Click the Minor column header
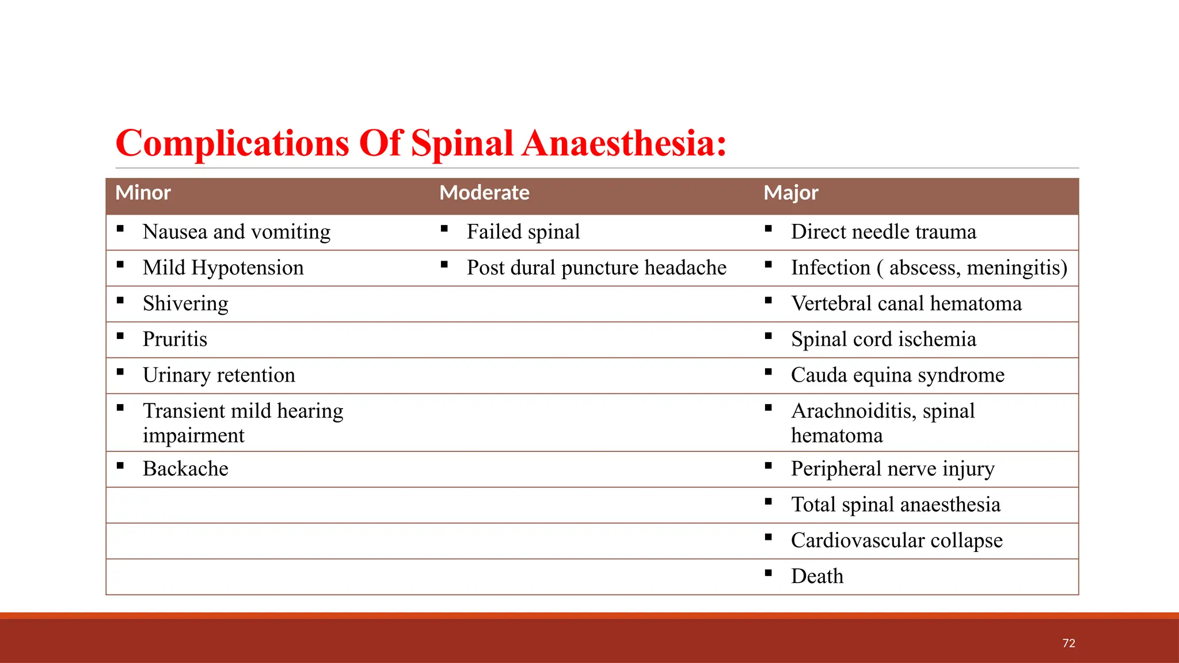click(143, 193)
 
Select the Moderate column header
click(484, 193)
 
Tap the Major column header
click(790, 193)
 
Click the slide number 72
click(1068, 643)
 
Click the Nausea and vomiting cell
click(236, 232)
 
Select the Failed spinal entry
click(523, 232)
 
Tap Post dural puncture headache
click(596, 268)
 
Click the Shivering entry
click(185, 303)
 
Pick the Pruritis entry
click(174, 339)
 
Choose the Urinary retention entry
click(219, 375)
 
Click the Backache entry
click(185, 468)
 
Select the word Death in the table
click(817, 576)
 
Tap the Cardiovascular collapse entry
click(896, 540)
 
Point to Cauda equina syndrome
click(897, 375)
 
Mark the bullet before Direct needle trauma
click(768, 229)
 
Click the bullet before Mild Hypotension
click(120, 265)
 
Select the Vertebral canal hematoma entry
click(906, 303)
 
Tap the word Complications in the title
click(232, 143)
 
